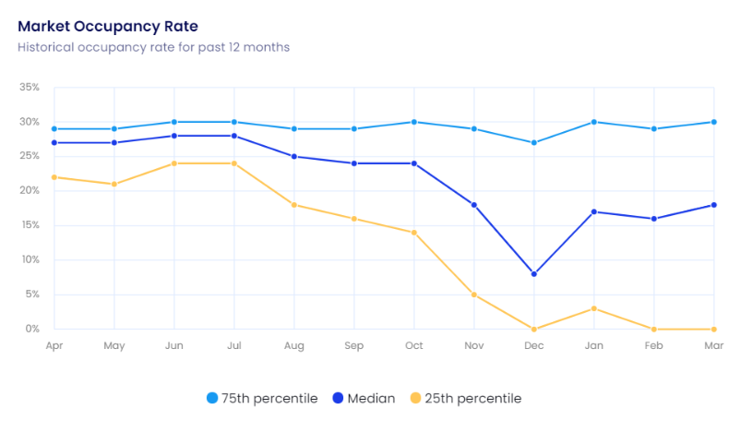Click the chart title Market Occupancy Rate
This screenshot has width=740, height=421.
coord(108,26)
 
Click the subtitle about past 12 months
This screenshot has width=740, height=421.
coord(153,46)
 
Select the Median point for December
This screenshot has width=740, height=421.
coord(534,274)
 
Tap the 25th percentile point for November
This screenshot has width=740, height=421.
coord(474,295)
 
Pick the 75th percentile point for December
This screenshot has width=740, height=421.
coord(534,143)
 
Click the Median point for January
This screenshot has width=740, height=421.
coord(594,211)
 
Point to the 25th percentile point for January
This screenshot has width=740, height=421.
coord(594,308)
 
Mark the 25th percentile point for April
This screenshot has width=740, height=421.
coord(54,177)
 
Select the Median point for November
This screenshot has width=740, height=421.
coord(474,205)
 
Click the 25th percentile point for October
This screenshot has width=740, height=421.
coord(414,233)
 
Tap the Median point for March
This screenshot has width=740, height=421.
coord(714,205)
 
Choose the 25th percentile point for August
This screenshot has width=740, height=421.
coord(294,205)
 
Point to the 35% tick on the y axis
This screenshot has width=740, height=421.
coord(29,88)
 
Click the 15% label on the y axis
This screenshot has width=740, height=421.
coord(29,225)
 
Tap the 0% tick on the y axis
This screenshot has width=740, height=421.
coord(32,329)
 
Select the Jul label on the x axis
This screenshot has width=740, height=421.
coord(234,345)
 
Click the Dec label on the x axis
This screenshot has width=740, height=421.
coord(534,345)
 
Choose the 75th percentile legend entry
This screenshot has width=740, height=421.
coord(262,399)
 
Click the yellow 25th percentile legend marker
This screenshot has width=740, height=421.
coord(415,399)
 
